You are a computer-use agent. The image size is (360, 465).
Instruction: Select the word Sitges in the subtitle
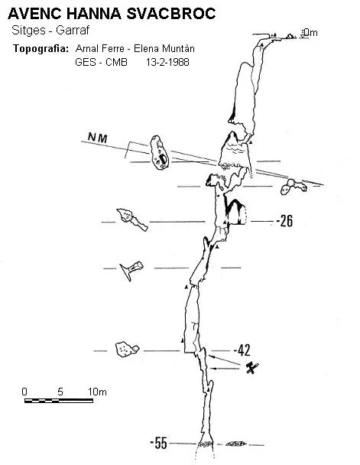(28, 31)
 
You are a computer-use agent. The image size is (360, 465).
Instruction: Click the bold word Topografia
(41, 48)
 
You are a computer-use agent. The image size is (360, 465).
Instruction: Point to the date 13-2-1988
(167, 62)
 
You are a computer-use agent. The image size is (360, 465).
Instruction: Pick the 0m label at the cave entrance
(310, 32)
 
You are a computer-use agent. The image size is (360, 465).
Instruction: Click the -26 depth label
(284, 220)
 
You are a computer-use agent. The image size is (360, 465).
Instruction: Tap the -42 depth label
(242, 350)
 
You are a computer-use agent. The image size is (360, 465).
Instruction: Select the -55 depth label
(158, 443)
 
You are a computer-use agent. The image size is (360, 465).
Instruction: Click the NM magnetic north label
(98, 138)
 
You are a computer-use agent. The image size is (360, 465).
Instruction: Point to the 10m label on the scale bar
(97, 392)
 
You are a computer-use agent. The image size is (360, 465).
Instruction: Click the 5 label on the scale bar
(60, 392)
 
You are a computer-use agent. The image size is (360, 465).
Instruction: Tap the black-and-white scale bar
(59, 401)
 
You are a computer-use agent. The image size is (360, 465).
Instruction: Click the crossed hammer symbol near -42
(252, 368)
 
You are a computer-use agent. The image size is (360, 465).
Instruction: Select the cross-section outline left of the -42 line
(127, 350)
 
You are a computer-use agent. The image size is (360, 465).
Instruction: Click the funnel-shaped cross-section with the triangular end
(131, 270)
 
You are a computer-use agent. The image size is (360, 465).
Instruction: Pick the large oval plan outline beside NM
(159, 153)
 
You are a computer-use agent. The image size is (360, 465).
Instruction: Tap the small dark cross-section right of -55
(236, 444)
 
